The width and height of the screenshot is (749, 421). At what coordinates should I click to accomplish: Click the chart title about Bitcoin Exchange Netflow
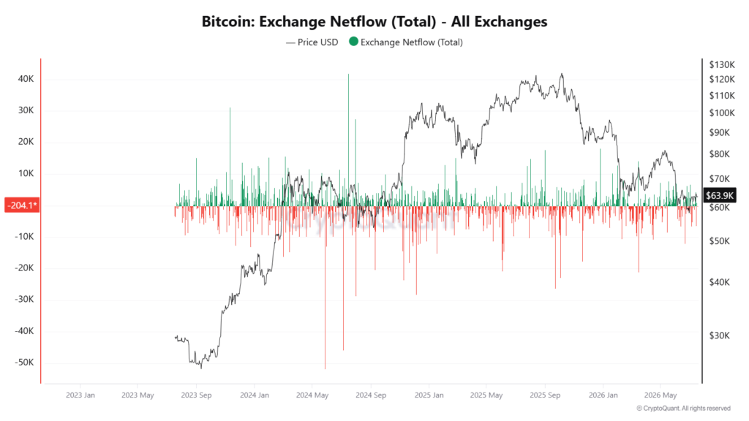[x=374, y=21]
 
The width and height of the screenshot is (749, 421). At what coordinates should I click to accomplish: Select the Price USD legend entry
[x=312, y=42]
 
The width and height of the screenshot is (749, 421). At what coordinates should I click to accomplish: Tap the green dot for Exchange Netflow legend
[x=353, y=42]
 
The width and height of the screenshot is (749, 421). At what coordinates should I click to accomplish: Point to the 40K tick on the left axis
[x=26, y=79]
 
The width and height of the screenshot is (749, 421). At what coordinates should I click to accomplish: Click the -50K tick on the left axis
[x=24, y=363]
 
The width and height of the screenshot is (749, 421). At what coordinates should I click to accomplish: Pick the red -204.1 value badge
[x=22, y=205]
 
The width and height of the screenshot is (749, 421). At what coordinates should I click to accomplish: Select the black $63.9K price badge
[x=720, y=195]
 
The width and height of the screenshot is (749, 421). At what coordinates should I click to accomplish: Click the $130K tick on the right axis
[x=722, y=64]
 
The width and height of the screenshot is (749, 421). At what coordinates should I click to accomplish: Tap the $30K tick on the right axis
[x=720, y=335]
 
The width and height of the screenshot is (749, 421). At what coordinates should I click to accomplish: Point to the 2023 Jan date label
[x=80, y=395]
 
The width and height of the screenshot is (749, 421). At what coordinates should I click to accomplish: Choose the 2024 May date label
[x=312, y=395]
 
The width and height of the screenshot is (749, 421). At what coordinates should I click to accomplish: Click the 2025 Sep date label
[x=545, y=395]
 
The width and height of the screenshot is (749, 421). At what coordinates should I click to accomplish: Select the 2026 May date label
[x=660, y=395]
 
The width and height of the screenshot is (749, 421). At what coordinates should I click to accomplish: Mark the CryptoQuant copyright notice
[x=684, y=408]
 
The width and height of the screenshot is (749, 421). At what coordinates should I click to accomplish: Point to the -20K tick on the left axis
[x=24, y=268]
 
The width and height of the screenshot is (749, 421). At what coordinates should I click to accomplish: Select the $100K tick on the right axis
[x=722, y=113]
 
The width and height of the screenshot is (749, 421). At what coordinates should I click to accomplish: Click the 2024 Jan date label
[x=254, y=395]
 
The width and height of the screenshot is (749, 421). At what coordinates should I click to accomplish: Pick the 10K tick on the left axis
[x=26, y=173]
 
